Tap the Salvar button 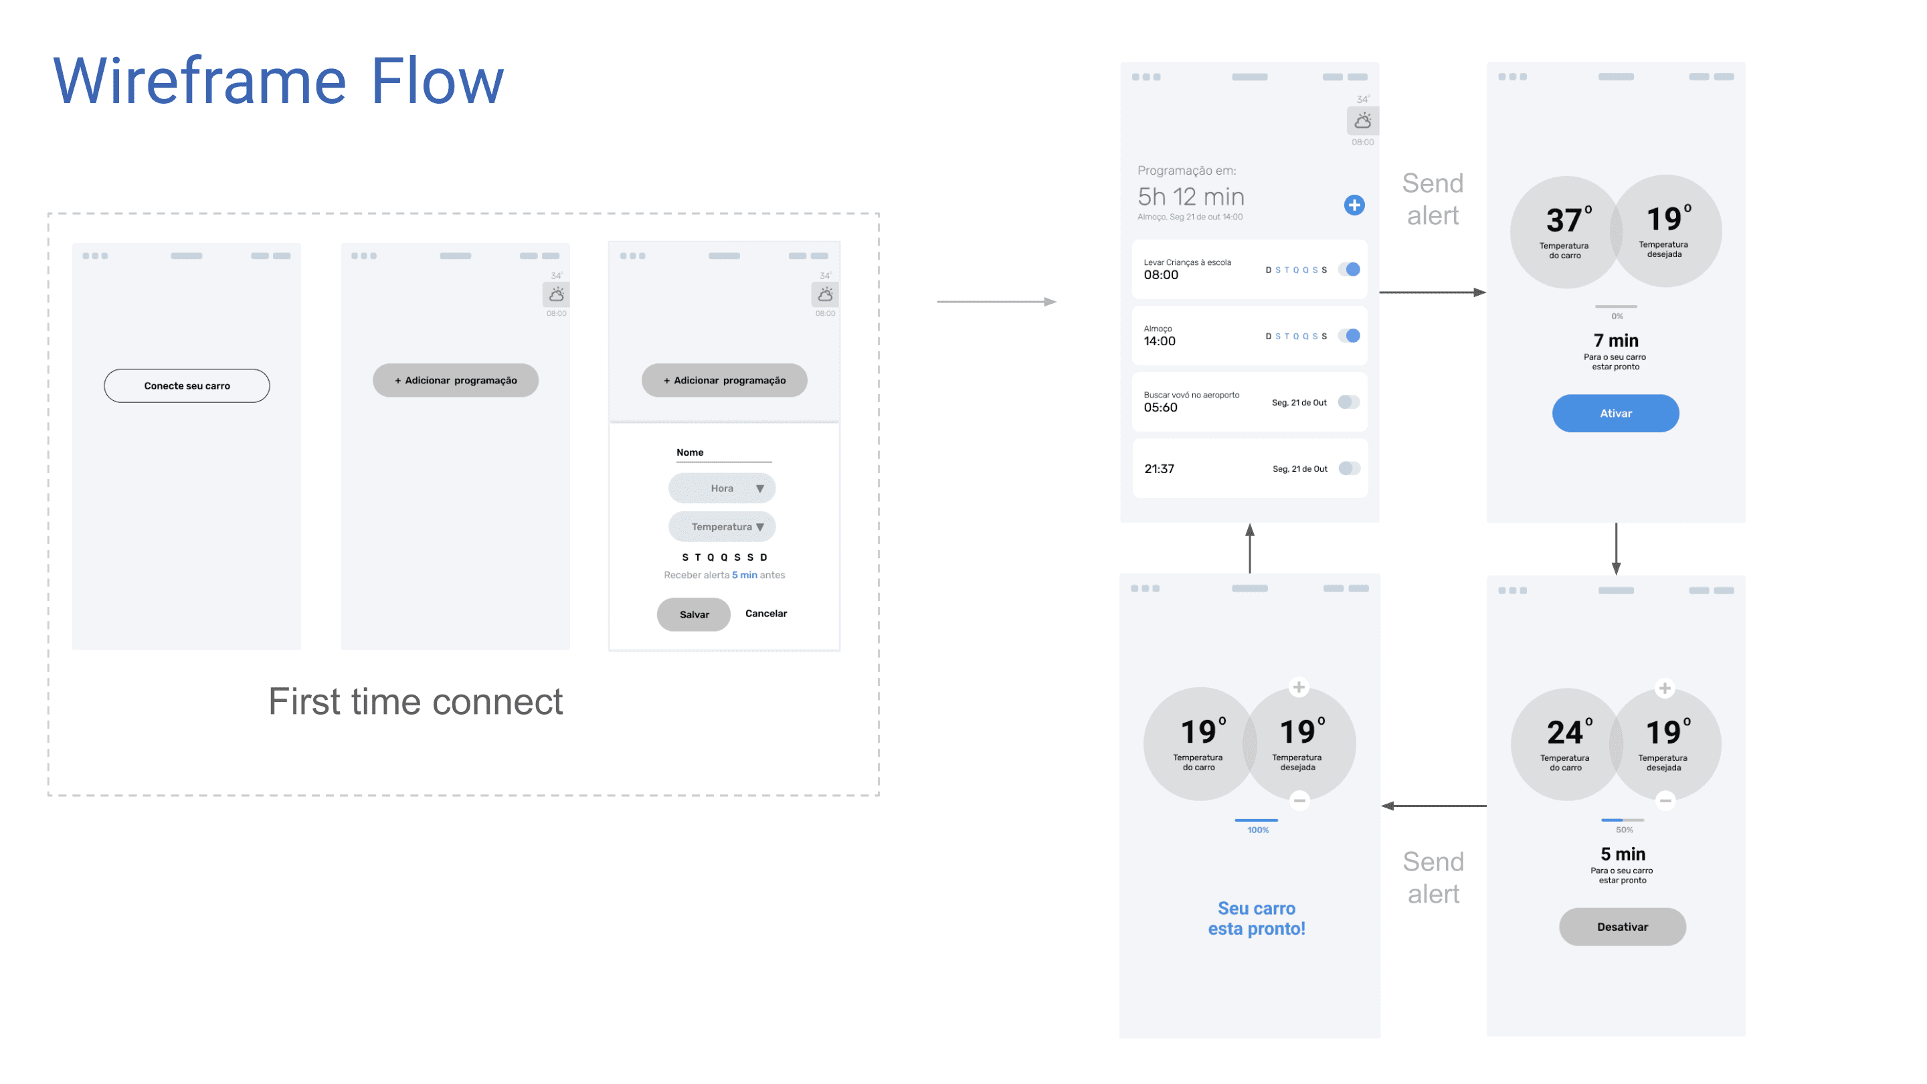(693, 614)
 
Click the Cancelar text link (765, 614)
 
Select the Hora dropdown (721, 488)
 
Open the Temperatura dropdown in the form (721, 527)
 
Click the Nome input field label (690, 452)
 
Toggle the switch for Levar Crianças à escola (1349, 269)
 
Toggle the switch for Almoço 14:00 (1349, 336)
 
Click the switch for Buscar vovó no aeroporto (1349, 402)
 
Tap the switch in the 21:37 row (1349, 468)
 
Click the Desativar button (1622, 927)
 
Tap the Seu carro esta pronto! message (1256, 919)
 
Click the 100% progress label (1257, 830)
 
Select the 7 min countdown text (1615, 341)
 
